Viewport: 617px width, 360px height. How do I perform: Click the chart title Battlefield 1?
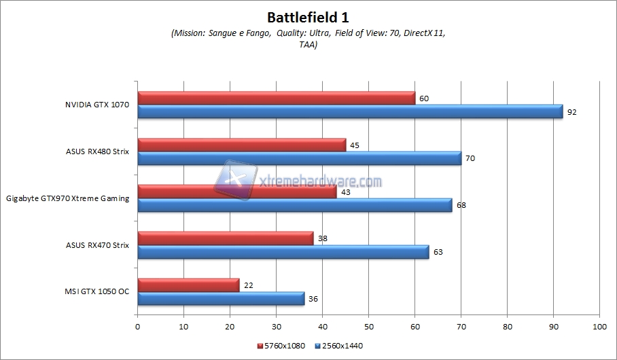308,16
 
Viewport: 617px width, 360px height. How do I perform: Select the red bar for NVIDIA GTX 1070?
276,98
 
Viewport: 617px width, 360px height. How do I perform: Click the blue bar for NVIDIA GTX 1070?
350,111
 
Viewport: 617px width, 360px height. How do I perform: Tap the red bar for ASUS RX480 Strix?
241,145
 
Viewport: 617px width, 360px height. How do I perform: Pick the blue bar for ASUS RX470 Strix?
283,252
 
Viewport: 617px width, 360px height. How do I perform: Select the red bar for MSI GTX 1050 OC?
188,285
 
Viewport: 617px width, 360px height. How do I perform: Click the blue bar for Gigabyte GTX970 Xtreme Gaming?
295,205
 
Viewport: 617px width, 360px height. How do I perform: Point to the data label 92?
571,112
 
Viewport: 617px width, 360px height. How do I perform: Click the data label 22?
248,285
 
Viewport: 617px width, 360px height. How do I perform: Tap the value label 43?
345,192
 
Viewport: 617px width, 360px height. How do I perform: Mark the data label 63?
438,252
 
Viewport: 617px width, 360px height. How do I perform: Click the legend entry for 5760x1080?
281,346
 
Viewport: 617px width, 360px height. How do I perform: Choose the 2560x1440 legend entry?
339,346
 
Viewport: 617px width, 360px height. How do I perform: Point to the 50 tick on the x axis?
368,327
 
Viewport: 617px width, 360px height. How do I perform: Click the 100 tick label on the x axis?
599,327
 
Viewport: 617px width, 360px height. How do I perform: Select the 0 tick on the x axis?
138,327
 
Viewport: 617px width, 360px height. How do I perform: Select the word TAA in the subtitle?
308,45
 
